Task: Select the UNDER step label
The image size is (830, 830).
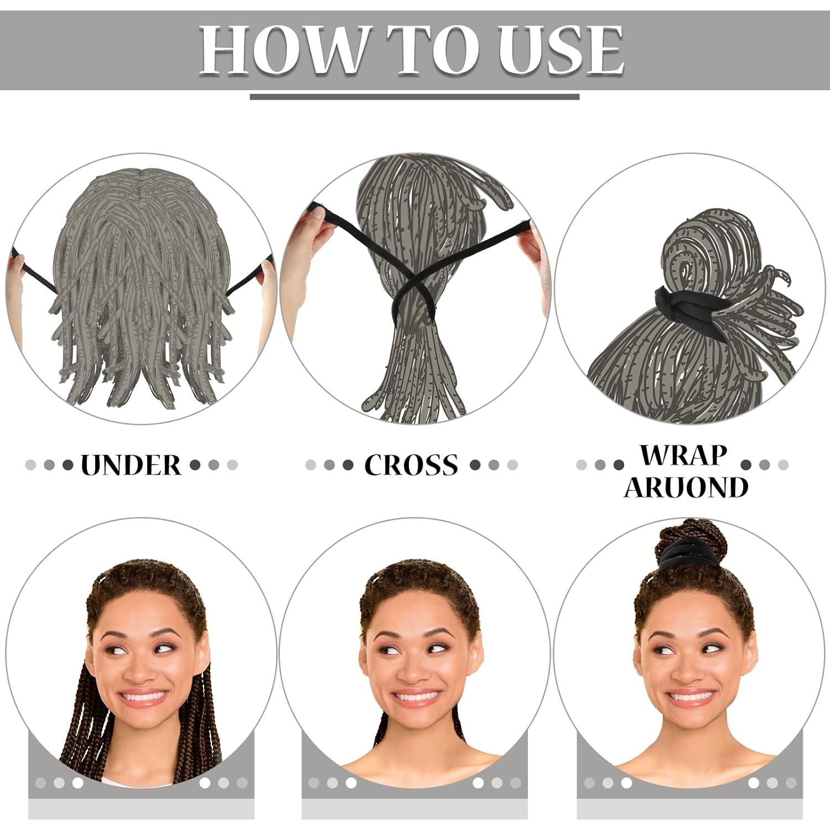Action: click(x=131, y=465)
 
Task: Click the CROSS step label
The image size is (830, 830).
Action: click(x=411, y=465)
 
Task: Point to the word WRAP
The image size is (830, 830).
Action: click(x=683, y=455)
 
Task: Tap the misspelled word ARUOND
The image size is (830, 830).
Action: click(x=686, y=487)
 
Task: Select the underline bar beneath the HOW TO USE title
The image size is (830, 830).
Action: click(x=414, y=97)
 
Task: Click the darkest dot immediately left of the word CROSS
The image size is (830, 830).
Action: click(x=347, y=465)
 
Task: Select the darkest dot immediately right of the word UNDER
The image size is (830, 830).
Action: click(x=195, y=465)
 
